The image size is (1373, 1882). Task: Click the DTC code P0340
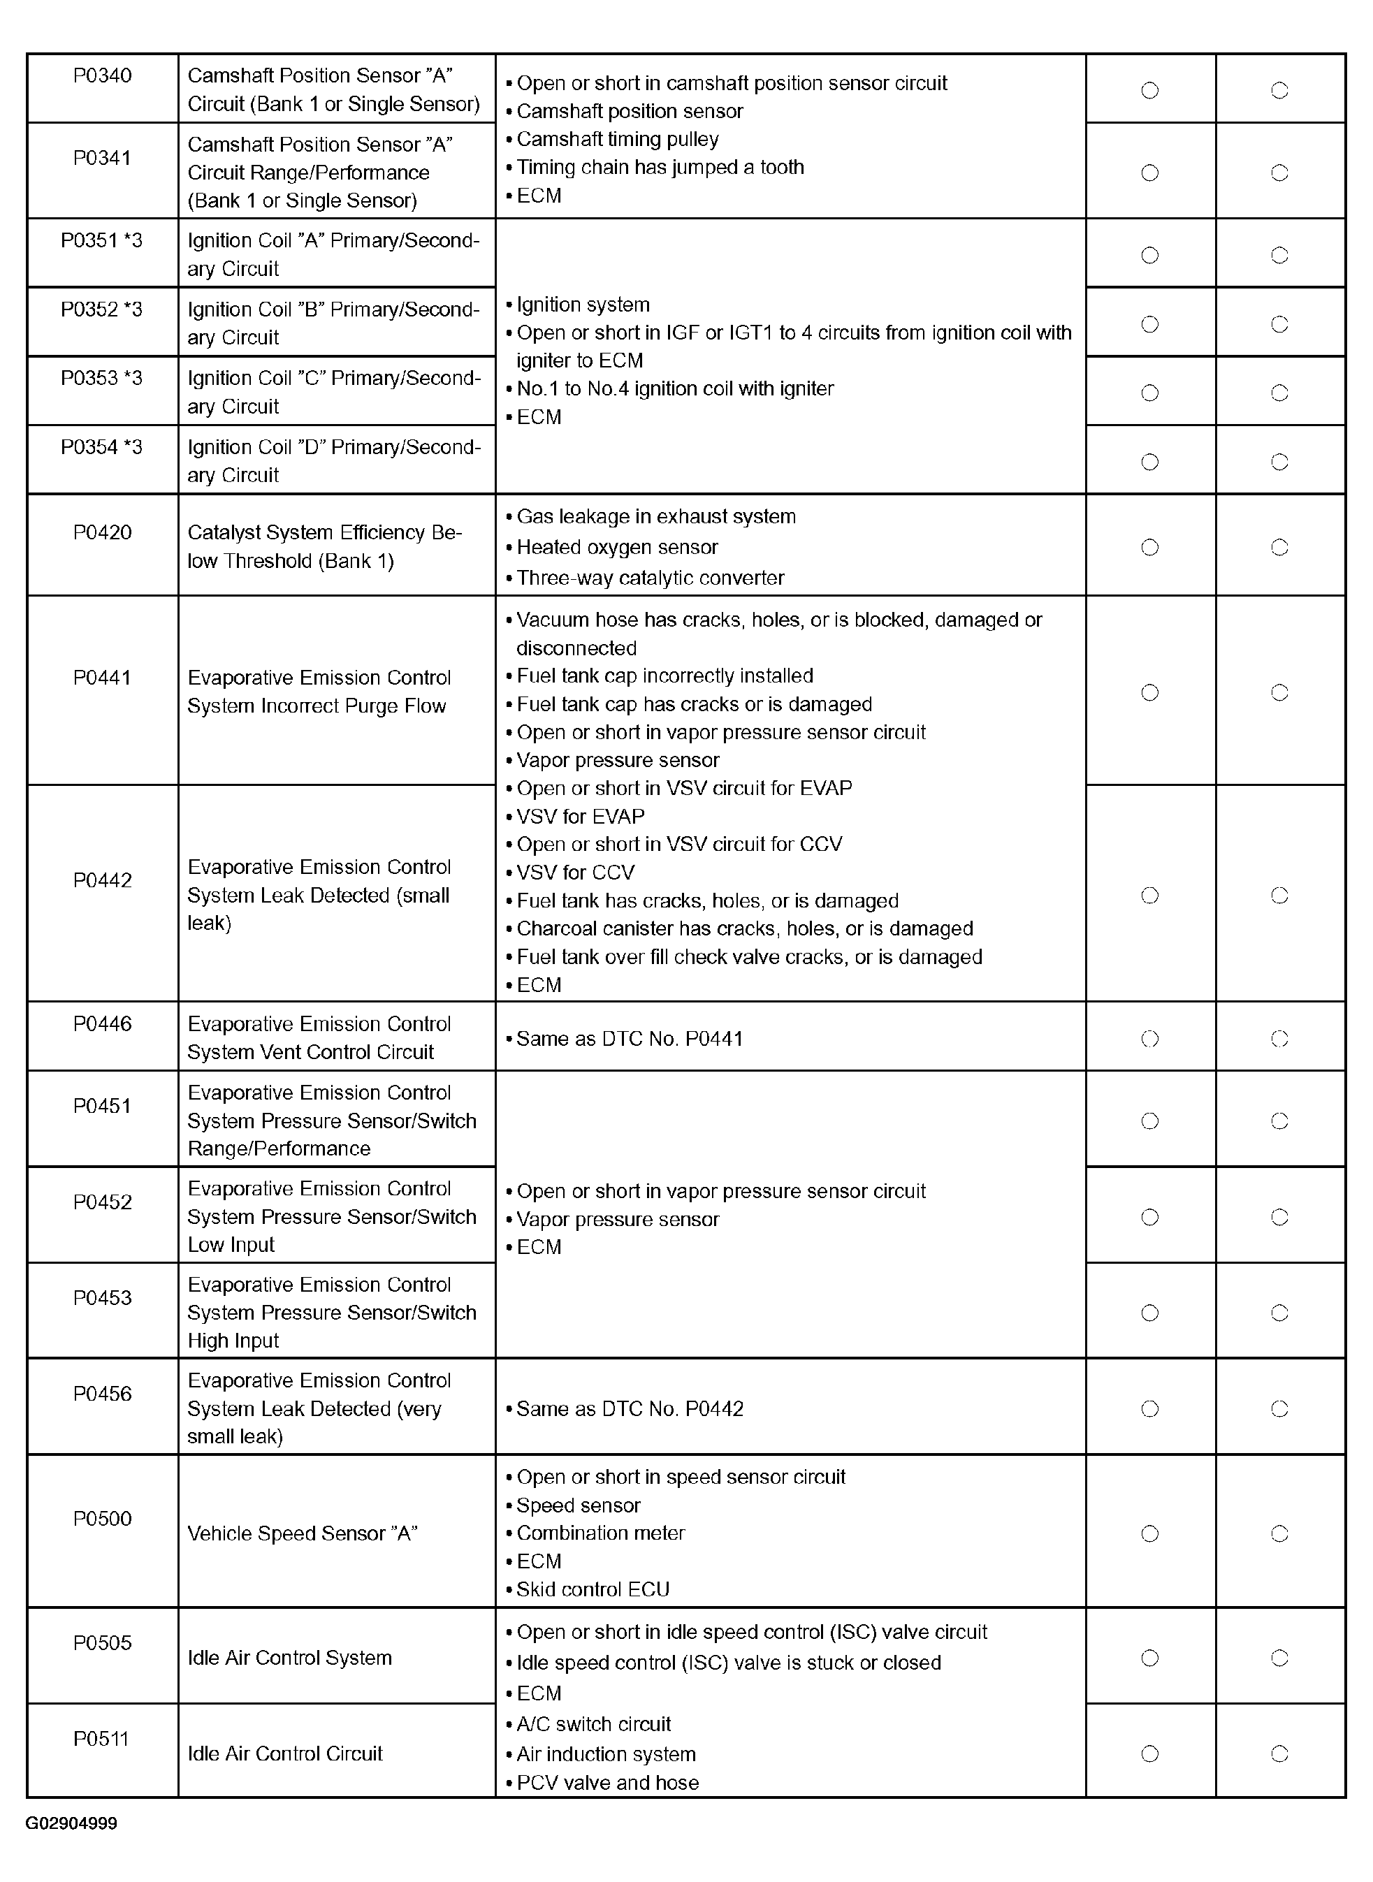(x=102, y=75)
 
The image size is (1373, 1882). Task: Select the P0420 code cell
(x=102, y=532)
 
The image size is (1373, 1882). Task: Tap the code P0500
(x=102, y=1518)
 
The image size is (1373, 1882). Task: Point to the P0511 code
(x=101, y=1738)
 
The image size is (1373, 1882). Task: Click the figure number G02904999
(x=71, y=1823)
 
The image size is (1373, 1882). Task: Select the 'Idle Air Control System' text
(x=289, y=1658)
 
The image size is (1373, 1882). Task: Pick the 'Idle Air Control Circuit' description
(x=285, y=1753)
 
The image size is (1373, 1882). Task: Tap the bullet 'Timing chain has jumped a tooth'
(x=660, y=167)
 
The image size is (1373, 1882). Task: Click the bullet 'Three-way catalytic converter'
(x=650, y=578)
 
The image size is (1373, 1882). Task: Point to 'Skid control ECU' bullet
(x=593, y=1589)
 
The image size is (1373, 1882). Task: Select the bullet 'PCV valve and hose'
(x=608, y=1782)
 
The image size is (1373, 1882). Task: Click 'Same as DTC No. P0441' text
(x=629, y=1039)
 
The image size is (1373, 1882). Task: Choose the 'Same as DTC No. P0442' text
(x=629, y=1408)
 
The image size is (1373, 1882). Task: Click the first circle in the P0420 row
(x=1149, y=547)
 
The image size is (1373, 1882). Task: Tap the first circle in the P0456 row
(x=1149, y=1408)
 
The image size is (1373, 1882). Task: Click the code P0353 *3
(x=101, y=378)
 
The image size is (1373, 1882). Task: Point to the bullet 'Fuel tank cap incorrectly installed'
(x=664, y=676)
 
